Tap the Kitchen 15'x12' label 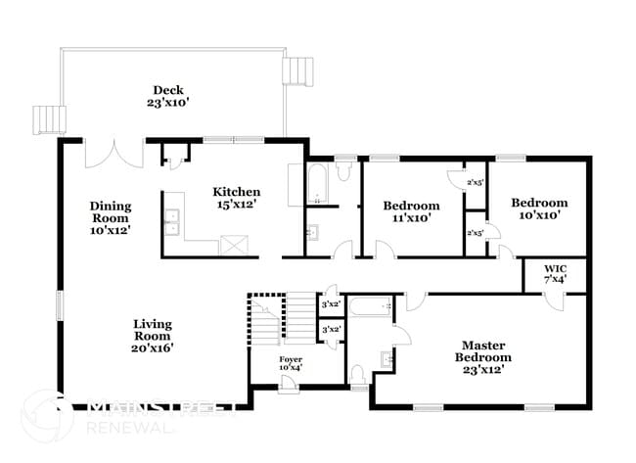(x=237, y=198)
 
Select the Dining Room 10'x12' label (x=110, y=216)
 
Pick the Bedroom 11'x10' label (x=410, y=211)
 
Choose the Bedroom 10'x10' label (x=538, y=209)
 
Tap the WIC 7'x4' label (x=555, y=273)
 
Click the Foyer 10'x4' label (x=291, y=363)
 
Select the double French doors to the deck (x=114, y=154)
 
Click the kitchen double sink (x=172, y=223)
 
